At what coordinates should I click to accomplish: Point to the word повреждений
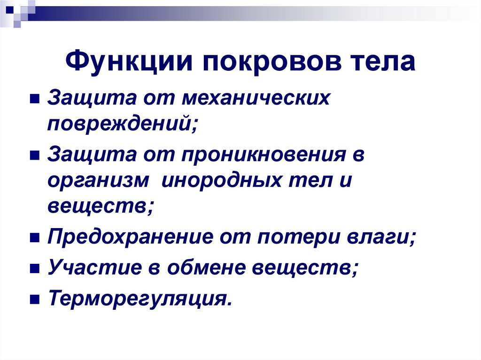point(122,124)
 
